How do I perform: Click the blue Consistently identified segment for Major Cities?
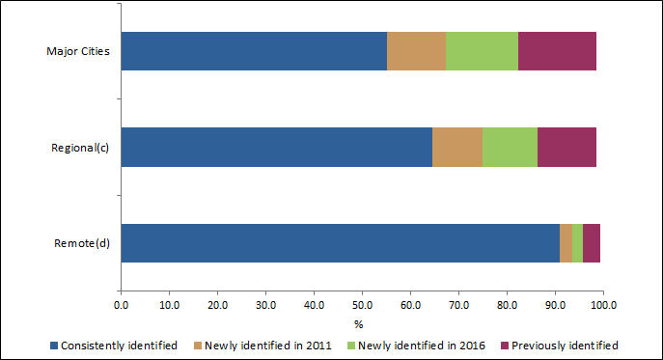click(x=254, y=50)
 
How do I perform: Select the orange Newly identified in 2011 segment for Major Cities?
click(x=416, y=50)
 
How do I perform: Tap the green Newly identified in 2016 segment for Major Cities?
click(x=482, y=50)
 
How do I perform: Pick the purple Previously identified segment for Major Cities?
click(x=557, y=50)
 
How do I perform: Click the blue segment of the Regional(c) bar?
click(x=276, y=147)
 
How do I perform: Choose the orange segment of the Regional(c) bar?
click(x=456, y=147)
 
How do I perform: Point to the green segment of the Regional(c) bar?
click(x=510, y=147)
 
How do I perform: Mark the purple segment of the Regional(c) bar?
click(x=566, y=147)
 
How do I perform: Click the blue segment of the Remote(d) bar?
click(x=340, y=243)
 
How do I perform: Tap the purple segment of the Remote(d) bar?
click(x=591, y=243)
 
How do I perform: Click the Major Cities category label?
click(x=78, y=51)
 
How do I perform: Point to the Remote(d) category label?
click(x=82, y=243)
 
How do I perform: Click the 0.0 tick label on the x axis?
click(x=121, y=306)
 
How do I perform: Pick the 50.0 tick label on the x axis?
click(x=362, y=306)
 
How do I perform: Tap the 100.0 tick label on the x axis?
click(x=603, y=306)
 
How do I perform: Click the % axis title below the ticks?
click(x=358, y=323)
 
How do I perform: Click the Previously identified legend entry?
click(x=565, y=345)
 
